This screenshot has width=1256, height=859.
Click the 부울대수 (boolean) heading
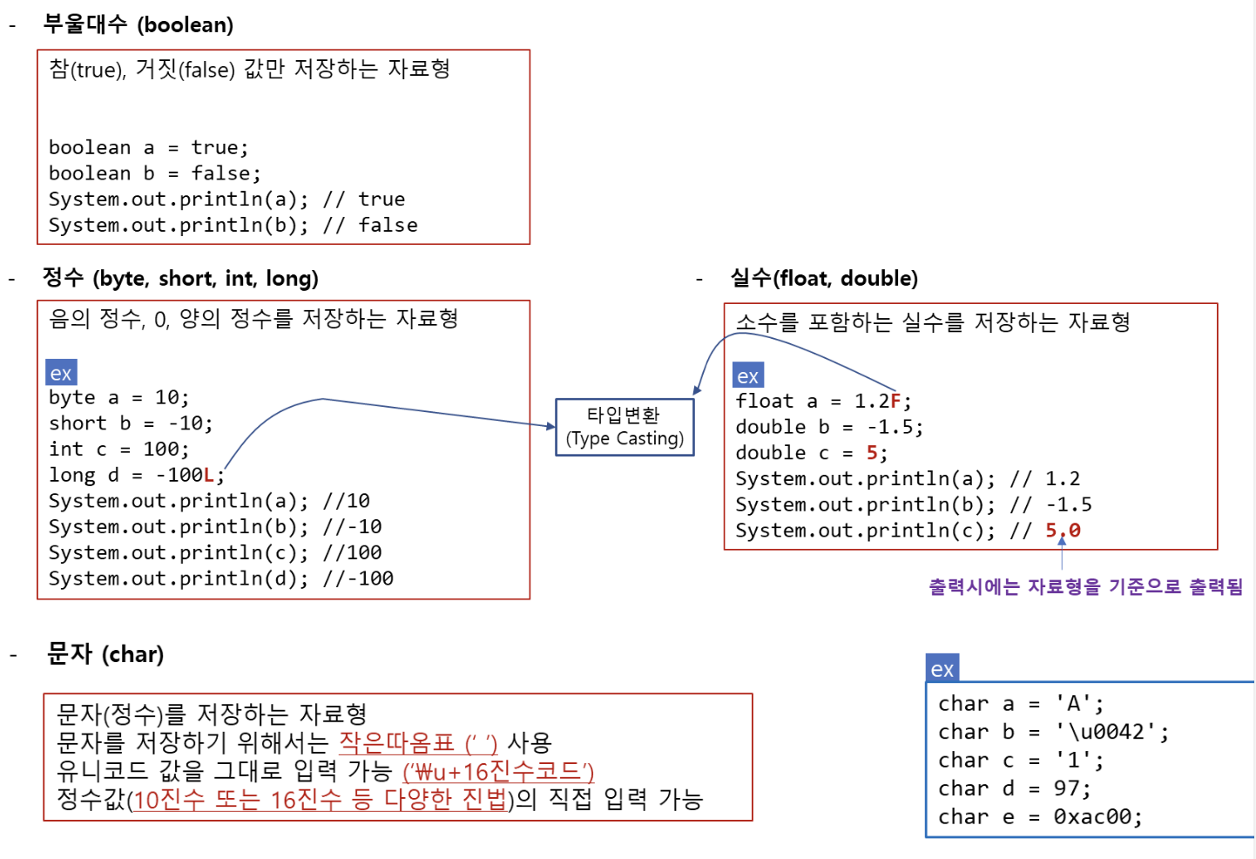click(x=138, y=24)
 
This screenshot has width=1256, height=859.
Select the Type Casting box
click(x=625, y=427)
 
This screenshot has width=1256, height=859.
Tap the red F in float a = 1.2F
click(x=895, y=401)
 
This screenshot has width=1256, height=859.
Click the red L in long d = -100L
click(x=208, y=475)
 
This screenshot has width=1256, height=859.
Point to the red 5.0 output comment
click(x=1063, y=531)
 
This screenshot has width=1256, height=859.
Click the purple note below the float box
click(x=1085, y=586)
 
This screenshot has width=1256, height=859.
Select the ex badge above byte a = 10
click(x=61, y=373)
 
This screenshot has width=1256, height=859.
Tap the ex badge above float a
click(x=748, y=376)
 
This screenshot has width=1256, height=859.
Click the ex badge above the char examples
click(x=942, y=669)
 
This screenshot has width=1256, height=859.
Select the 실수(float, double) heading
click(x=823, y=278)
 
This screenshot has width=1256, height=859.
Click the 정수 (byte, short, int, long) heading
click(x=180, y=278)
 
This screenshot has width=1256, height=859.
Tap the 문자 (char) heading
click(x=105, y=653)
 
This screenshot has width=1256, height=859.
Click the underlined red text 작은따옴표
click(x=396, y=743)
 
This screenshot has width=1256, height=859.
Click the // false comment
click(x=370, y=226)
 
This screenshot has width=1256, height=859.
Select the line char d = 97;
click(x=1014, y=788)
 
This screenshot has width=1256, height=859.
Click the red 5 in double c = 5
click(x=872, y=453)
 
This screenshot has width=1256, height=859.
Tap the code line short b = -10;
click(x=131, y=423)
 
